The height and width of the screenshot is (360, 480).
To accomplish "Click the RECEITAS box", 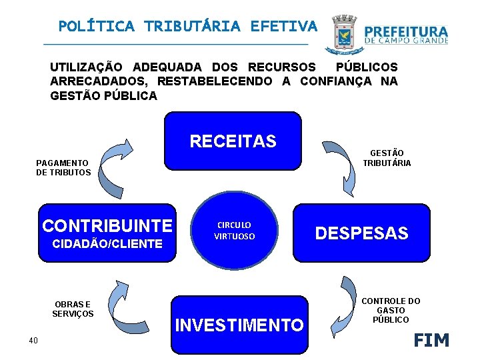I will (x=233, y=141).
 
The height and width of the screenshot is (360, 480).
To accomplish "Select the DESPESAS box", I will (x=361, y=233).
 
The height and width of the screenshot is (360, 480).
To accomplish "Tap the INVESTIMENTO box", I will (x=239, y=325).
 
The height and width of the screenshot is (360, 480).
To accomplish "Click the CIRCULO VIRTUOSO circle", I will (x=234, y=231).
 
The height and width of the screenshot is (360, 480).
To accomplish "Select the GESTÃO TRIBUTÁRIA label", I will (x=387, y=158).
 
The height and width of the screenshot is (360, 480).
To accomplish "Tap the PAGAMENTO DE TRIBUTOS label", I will (x=63, y=167).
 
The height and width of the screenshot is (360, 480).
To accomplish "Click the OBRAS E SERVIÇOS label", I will (x=73, y=309).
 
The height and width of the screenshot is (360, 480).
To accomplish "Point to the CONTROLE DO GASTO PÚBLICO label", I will (x=391, y=310).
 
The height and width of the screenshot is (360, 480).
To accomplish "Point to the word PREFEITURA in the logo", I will (x=406, y=31).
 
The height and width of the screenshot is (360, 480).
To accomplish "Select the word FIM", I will (x=431, y=340).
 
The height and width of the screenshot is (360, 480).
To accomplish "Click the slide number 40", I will (x=33, y=341).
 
